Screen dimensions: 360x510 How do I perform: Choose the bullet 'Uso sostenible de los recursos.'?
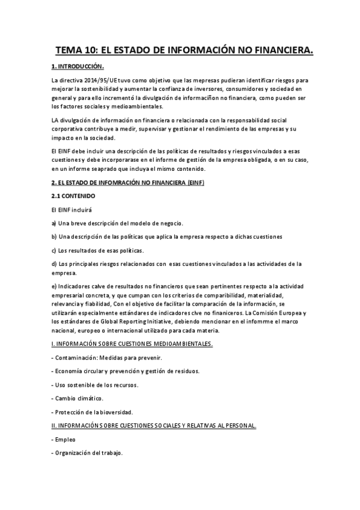tap(95, 384)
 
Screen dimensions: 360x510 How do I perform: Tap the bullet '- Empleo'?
tap(63, 440)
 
